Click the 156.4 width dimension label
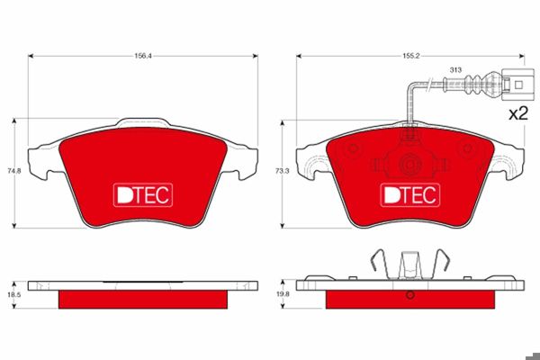coord(143,56)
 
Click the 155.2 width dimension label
coord(411,56)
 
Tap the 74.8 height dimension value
coord(14,170)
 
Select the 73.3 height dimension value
coord(283,170)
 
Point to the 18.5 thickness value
coord(14,295)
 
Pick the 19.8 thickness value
coord(283,294)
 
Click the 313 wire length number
coord(455,70)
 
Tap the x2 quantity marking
coord(518,113)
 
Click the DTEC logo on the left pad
coord(143,195)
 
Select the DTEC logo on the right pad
coord(410,195)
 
